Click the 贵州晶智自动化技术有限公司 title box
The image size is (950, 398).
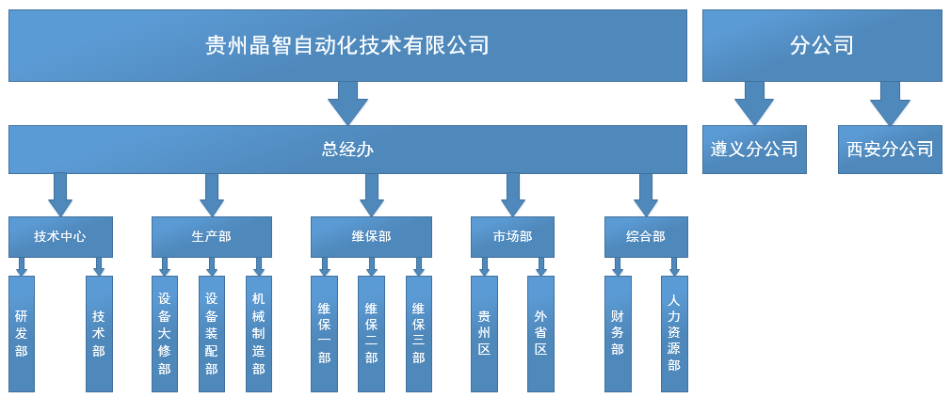pos(347,45)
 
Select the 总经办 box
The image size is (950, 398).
pos(347,150)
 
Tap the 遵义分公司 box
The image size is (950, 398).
pos(754,150)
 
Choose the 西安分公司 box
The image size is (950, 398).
pos(890,150)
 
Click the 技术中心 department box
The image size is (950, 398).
pos(60,236)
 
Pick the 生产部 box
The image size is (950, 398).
pos(211,236)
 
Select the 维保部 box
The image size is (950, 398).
pos(371,236)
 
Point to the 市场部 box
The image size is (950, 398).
pos(512,236)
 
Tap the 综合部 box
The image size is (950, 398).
pos(646,236)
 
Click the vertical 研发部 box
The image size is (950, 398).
pos(22,333)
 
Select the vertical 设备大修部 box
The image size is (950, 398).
pos(165,333)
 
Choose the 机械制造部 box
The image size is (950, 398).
pos(259,333)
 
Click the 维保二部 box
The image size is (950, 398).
pos(371,333)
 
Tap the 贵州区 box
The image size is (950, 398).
pos(484,333)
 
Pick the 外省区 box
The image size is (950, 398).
pos(540,333)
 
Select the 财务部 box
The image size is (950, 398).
pos(618,333)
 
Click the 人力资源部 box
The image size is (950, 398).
pos(674,333)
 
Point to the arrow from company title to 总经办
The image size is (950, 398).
pos(347,103)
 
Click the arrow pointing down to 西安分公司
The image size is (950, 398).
pos(890,103)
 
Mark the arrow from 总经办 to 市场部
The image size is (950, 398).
pos(512,194)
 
